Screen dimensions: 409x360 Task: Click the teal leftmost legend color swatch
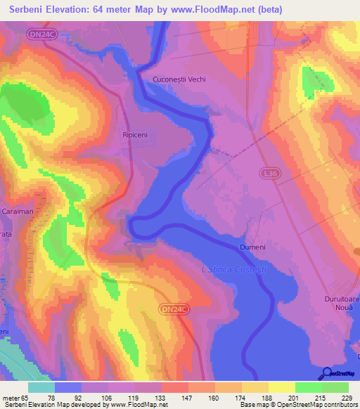[x=41, y=387]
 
